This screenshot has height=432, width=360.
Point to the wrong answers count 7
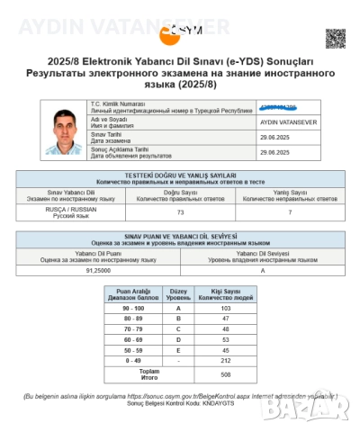tap(276, 211)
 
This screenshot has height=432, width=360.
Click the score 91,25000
tap(97, 268)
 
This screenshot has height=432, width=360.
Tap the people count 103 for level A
tap(226, 308)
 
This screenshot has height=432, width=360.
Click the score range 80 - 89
tap(133, 319)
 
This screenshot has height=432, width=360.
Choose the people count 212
tap(226, 361)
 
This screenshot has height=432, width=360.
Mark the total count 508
tap(226, 373)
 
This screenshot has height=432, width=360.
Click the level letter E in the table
tap(178, 350)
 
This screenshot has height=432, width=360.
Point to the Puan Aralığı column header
tap(133, 294)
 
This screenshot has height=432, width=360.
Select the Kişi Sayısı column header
tap(226, 294)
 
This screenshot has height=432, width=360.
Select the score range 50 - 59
tap(133, 350)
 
